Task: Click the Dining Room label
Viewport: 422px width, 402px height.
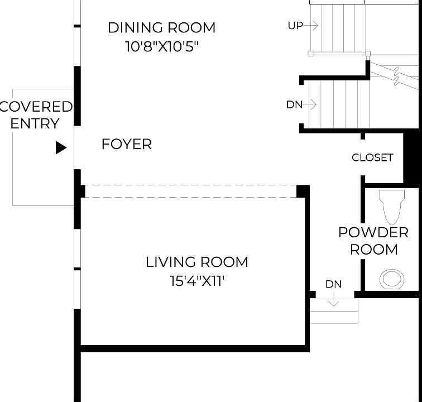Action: point(162,28)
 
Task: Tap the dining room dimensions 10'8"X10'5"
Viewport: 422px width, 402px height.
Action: point(162,46)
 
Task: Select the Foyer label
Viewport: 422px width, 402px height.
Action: point(127,144)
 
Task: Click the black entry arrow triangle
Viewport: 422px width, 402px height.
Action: point(61,147)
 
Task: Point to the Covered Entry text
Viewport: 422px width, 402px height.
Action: point(36,115)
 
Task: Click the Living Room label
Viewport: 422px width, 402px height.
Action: point(196,262)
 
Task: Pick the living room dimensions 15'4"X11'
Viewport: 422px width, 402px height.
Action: point(197,281)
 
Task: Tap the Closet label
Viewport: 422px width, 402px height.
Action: point(372,157)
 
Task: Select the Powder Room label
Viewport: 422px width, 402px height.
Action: point(373,241)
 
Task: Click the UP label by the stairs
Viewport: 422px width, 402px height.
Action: point(295,26)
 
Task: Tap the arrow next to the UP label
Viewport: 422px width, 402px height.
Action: point(311,26)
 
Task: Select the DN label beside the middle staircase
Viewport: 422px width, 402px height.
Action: point(294,105)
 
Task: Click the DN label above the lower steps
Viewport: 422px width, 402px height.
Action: point(333,284)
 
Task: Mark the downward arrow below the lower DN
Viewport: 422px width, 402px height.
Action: point(334,299)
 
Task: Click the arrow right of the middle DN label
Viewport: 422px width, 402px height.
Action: point(310,104)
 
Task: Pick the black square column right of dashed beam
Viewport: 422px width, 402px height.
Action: point(303,192)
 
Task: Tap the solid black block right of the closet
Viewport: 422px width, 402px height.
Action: point(411,159)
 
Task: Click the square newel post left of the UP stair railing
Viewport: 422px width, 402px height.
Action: point(310,54)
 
